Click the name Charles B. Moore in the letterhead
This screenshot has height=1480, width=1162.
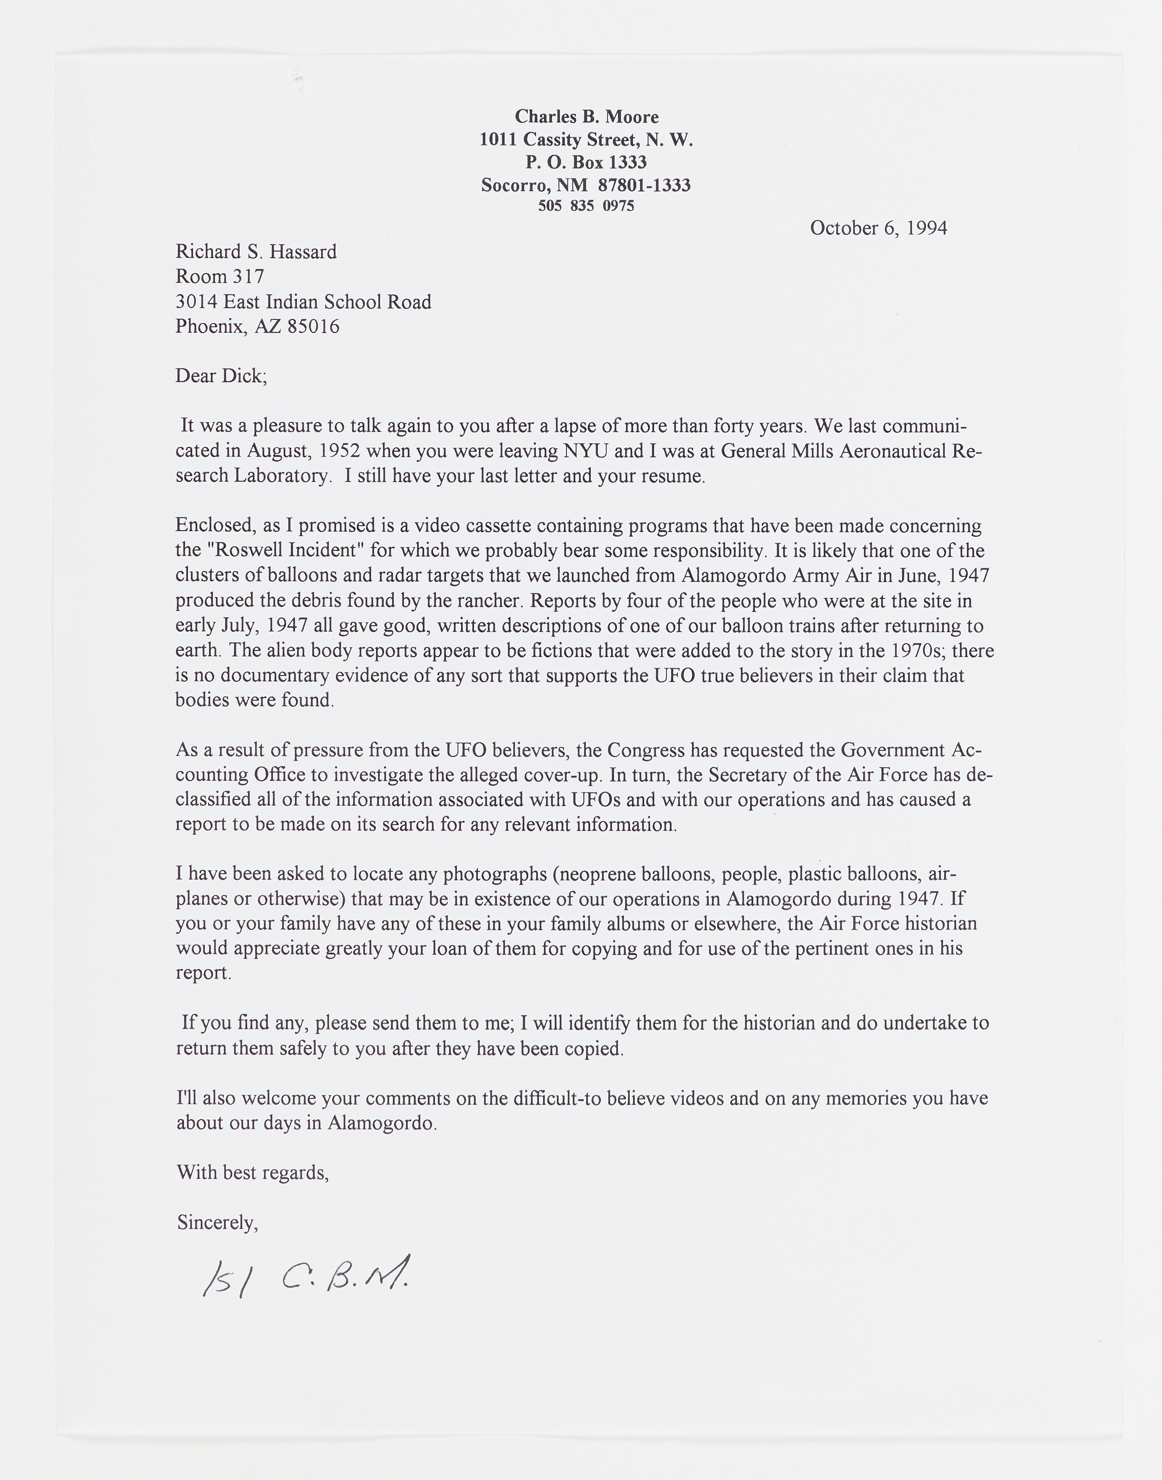586,117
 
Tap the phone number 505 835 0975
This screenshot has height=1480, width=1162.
586,205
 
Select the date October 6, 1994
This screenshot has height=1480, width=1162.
878,228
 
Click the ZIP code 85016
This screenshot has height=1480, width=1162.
313,327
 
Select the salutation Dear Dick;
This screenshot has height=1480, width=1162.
221,375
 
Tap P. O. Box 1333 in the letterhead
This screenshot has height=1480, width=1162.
586,162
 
